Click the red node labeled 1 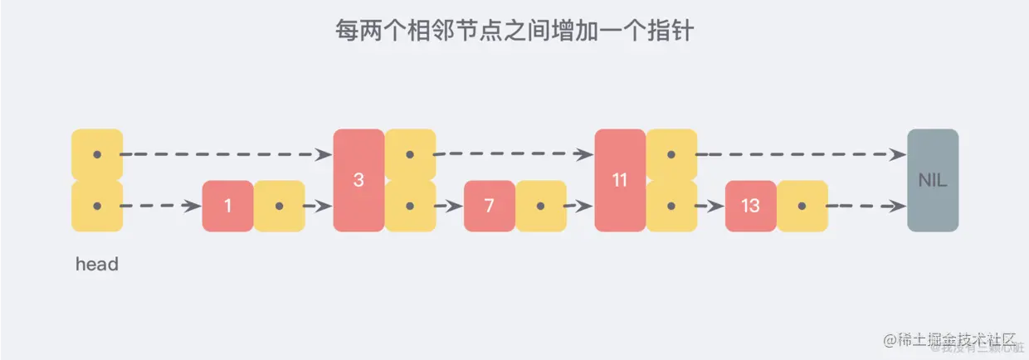(227, 206)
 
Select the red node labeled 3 (358, 180)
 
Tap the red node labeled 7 (489, 206)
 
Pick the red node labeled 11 (620, 180)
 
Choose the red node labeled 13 (750, 206)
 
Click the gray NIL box (933, 180)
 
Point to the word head (97, 265)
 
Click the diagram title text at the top (514, 32)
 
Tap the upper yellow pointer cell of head (97, 154)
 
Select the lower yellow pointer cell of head (97, 206)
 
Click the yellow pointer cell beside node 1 (280, 206)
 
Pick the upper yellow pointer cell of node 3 (410, 154)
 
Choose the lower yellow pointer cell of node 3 (410, 206)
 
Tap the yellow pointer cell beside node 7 (541, 206)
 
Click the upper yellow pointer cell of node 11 (671, 154)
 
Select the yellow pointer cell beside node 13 (802, 206)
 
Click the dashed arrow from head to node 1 (162, 206)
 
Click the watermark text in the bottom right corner (950, 341)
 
